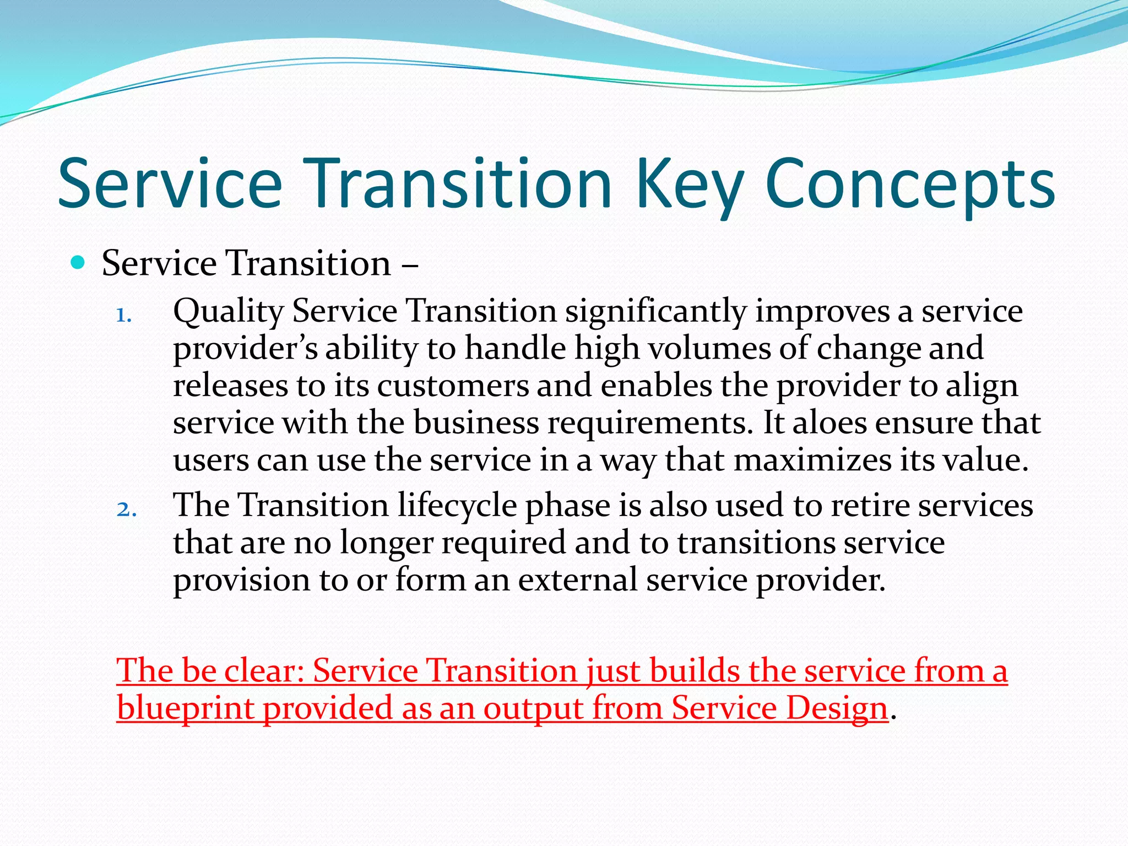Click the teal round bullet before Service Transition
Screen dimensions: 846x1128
78,262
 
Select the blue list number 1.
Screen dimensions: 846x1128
123,316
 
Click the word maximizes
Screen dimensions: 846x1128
812,460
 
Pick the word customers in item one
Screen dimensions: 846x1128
453,386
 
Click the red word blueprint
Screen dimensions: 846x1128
185,709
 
